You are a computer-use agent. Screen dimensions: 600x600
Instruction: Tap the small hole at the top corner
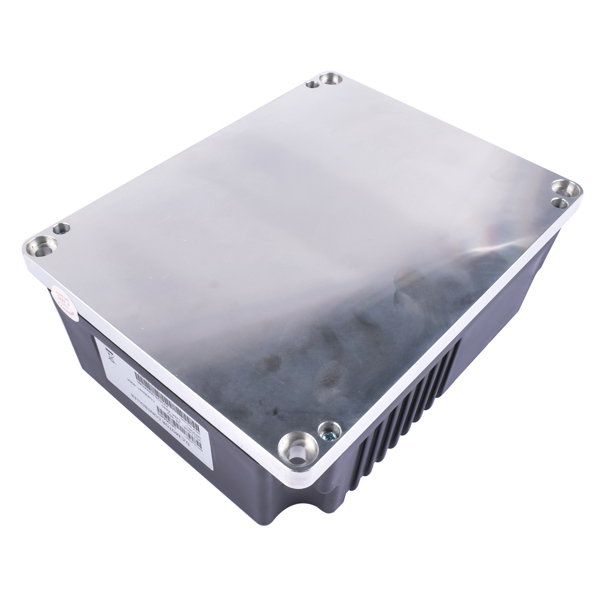coord(312,84)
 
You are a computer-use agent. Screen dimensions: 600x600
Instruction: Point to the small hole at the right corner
coord(560,203)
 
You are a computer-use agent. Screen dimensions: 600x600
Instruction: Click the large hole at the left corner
coord(40,243)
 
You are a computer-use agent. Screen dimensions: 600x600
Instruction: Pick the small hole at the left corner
coord(61,228)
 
